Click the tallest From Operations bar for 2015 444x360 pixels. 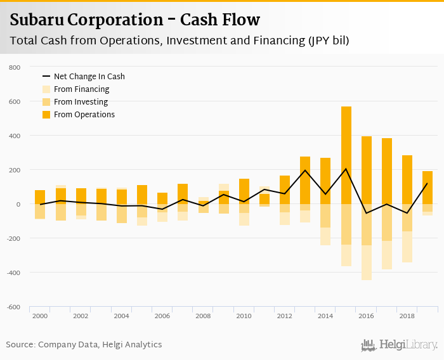click(x=346, y=155)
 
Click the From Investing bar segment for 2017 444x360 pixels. click(x=387, y=222)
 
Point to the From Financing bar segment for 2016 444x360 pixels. click(x=367, y=262)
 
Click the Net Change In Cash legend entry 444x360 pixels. click(x=89, y=77)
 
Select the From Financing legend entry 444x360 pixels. click(x=81, y=89)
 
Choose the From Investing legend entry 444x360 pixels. click(x=81, y=102)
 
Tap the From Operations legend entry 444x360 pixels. click(x=84, y=115)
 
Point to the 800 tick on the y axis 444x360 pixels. click(x=15, y=67)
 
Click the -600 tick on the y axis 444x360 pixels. click(x=14, y=307)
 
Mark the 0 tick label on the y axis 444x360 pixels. click(x=19, y=204)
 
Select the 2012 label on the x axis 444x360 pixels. click(x=285, y=315)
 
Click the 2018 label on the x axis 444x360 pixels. click(x=407, y=315)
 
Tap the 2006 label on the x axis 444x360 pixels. click(x=162, y=315)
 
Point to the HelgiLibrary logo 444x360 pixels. click(x=399, y=345)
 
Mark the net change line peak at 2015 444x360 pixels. click(x=346, y=169)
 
